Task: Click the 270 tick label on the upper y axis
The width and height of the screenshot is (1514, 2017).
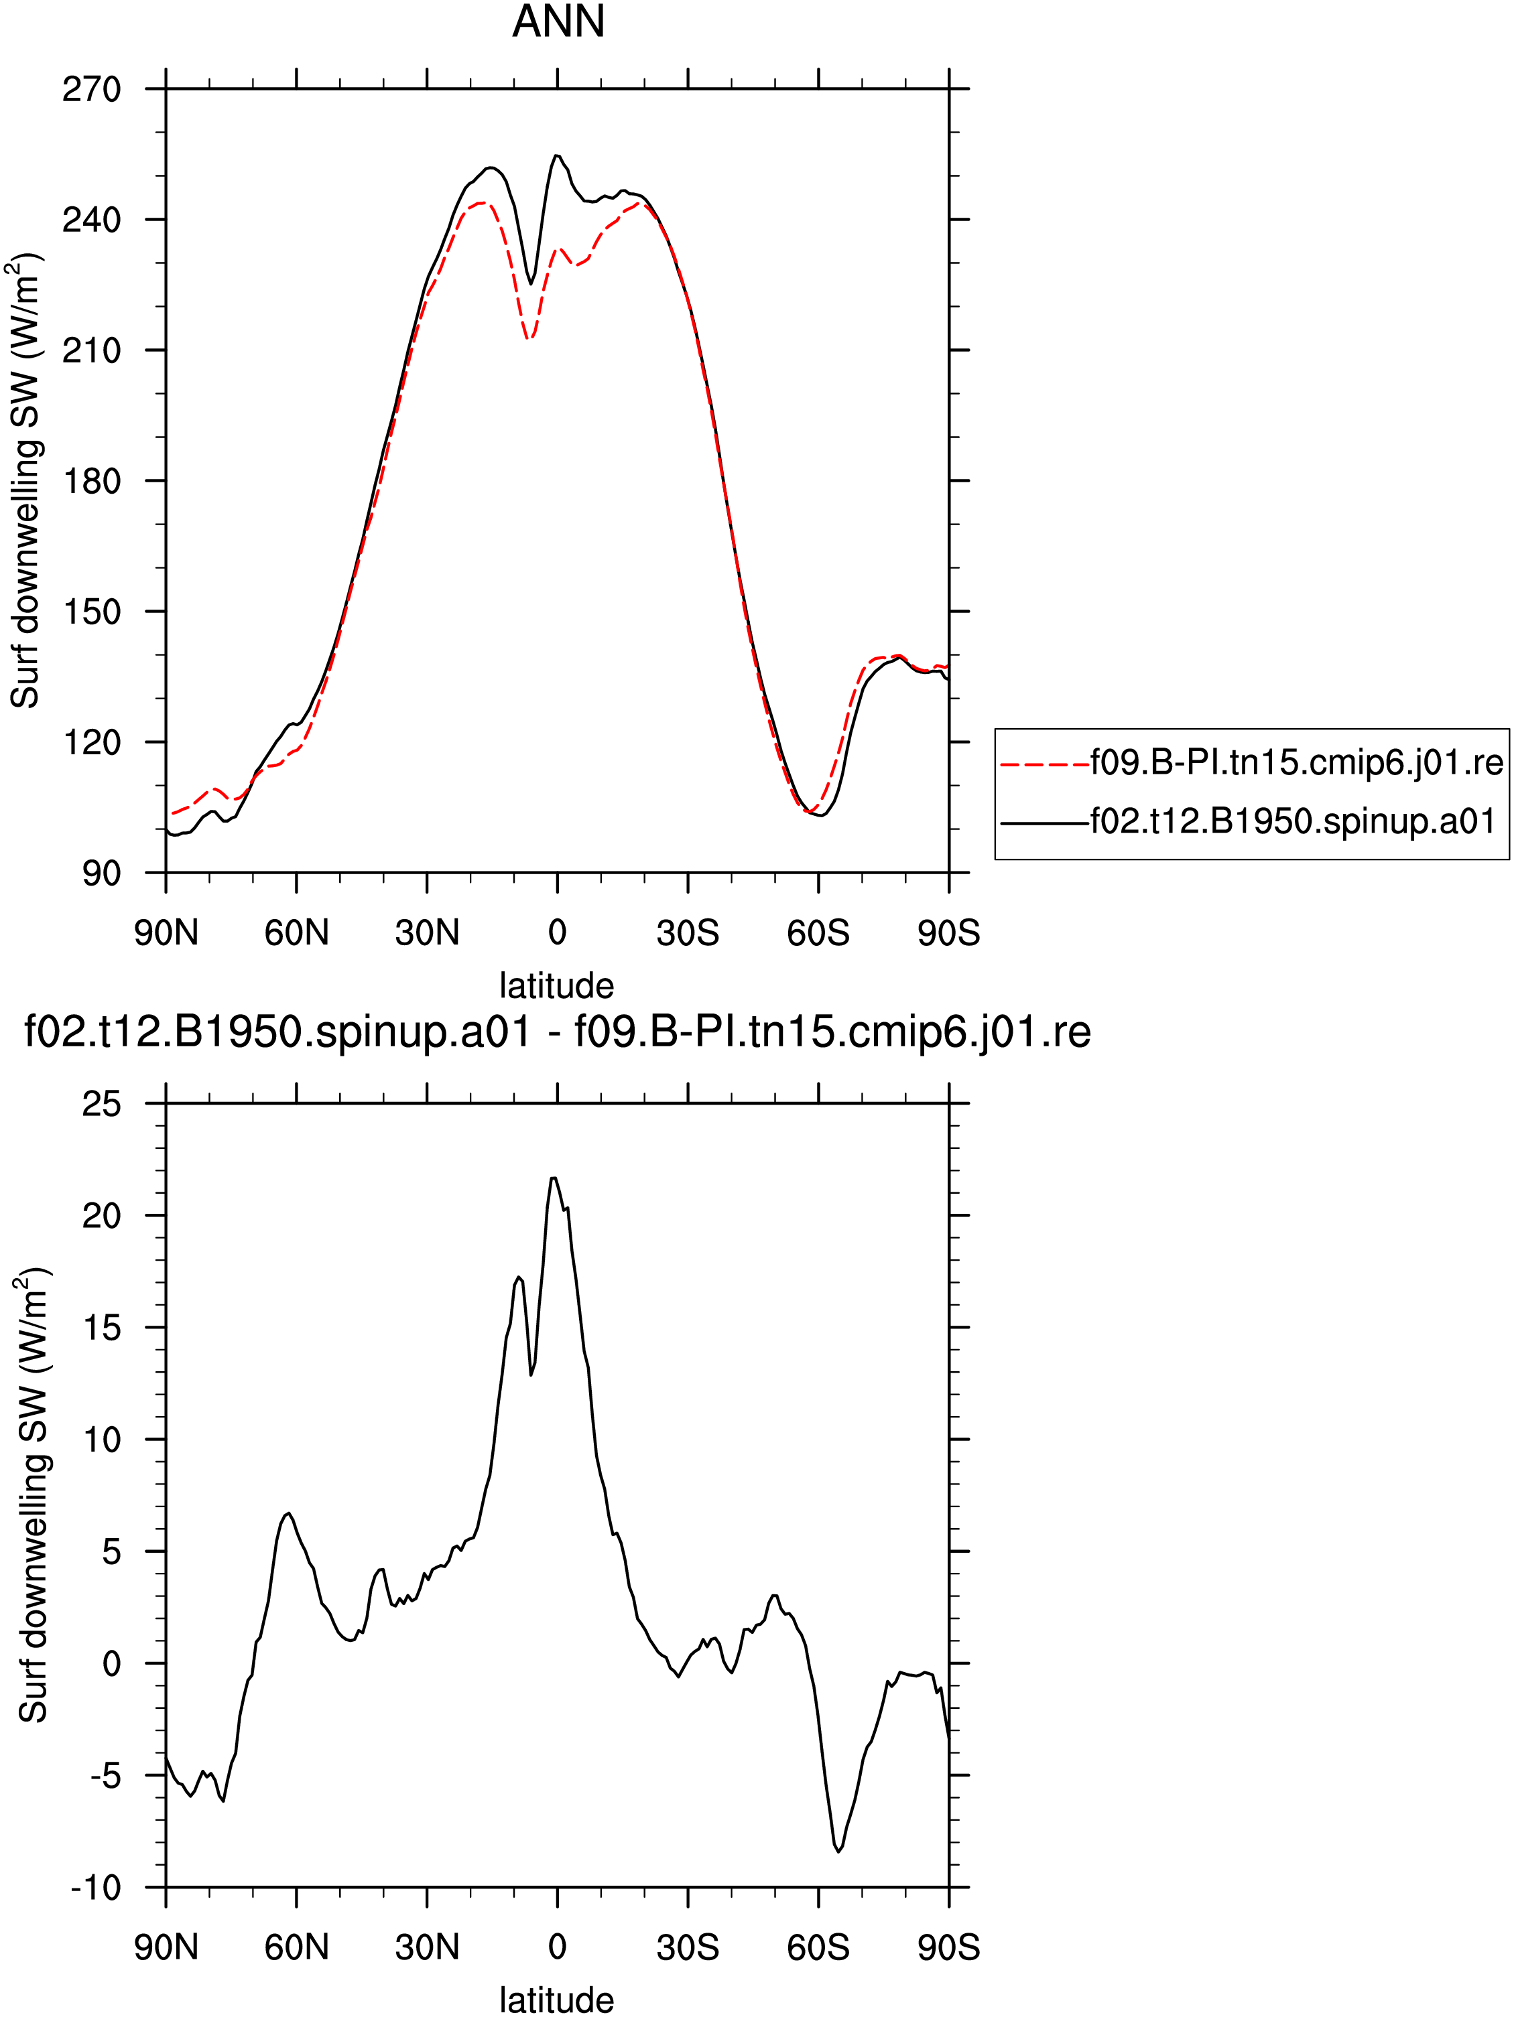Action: click(91, 89)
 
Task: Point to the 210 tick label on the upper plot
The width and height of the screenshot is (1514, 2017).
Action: click(91, 351)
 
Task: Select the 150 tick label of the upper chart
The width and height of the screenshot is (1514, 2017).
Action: click(91, 612)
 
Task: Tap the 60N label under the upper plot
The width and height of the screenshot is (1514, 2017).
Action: click(296, 933)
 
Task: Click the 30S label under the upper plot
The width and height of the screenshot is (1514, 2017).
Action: click(688, 933)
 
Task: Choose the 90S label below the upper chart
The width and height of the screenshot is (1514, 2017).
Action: click(948, 933)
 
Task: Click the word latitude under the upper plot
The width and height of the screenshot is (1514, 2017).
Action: click(556, 985)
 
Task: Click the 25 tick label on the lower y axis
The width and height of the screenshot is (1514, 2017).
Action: click(101, 1104)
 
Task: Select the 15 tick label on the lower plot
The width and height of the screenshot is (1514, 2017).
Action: click(101, 1328)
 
